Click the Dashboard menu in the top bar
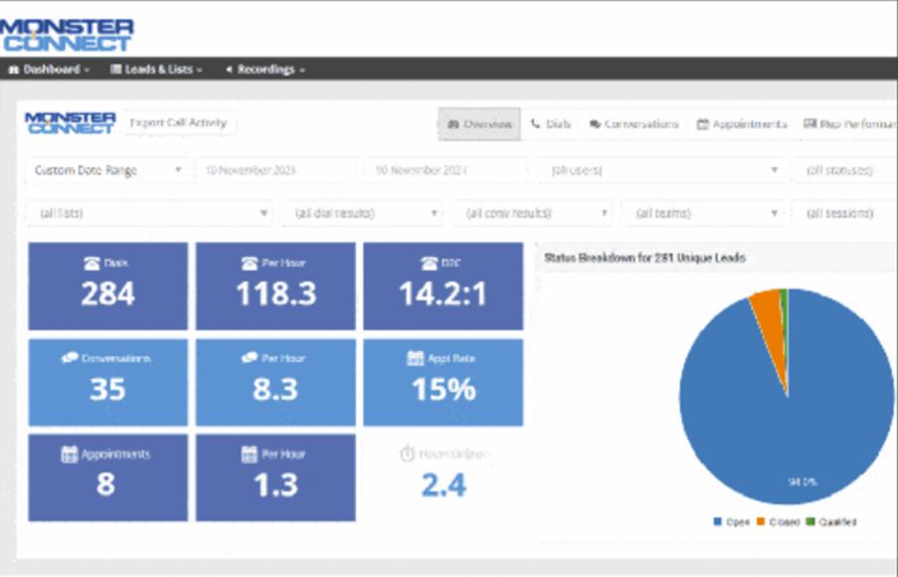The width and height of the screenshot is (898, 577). coord(49,70)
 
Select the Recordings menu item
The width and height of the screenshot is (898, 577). coord(265,70)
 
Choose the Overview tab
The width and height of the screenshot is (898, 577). coord(479,124)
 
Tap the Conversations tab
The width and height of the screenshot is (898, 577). coord(633,124)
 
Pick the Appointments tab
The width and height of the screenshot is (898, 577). coord(742,124)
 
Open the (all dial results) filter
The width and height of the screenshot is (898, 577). coord(363,213)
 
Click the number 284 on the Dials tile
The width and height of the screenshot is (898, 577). coord(107,294)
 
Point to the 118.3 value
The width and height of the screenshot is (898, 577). coord(274,294)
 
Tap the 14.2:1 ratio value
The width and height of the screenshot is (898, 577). coord(443,294)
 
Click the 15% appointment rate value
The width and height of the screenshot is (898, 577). coord(443,389)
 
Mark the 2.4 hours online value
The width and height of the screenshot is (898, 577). coord(443,484)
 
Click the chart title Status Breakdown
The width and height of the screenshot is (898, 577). coord(644,258)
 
